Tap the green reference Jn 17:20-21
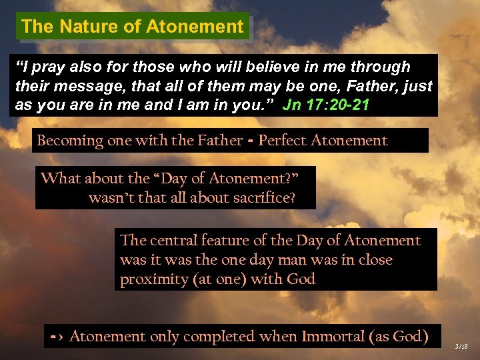tap(326, 105)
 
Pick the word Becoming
tap(71, 141)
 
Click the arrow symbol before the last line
tap(56, 337)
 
